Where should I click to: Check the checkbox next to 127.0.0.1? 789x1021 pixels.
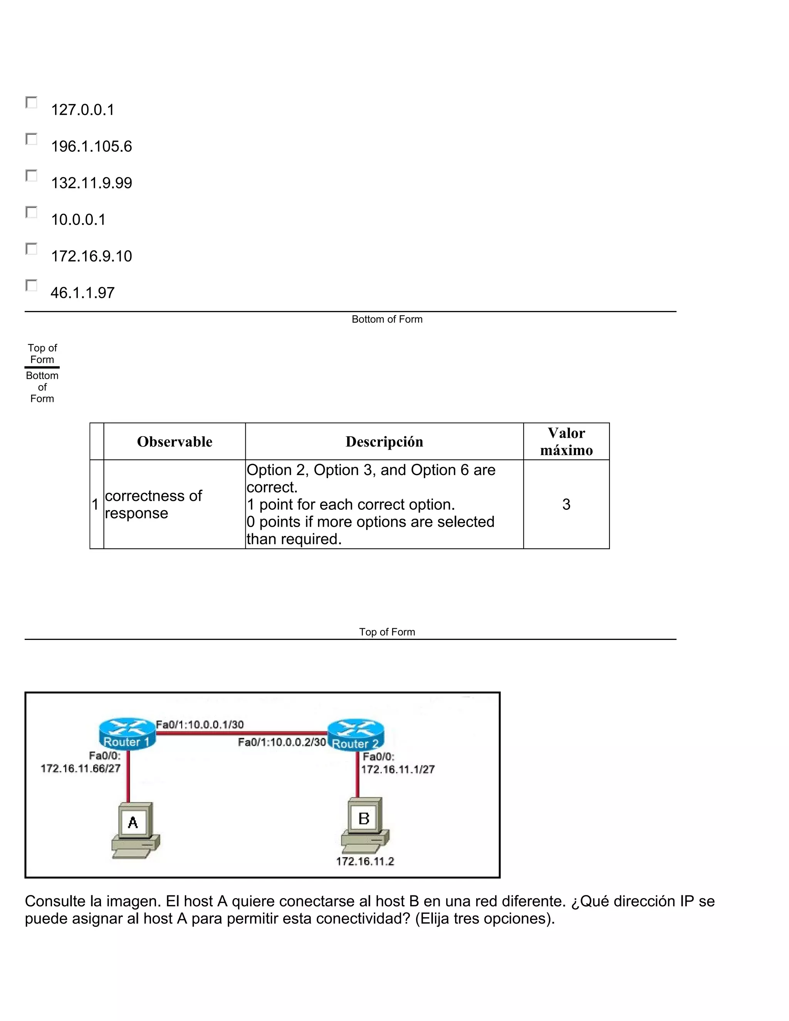point(31,102)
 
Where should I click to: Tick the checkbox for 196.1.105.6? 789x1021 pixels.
point(31,139)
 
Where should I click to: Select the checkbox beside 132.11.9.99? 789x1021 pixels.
point(31,175)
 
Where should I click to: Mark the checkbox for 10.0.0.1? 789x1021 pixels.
point(31,212)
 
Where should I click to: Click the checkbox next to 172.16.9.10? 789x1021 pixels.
point(31,249)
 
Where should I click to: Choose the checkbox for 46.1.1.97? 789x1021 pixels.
point(31,285)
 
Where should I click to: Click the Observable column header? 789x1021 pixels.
point(175,441)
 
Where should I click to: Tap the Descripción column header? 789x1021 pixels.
point(384,441)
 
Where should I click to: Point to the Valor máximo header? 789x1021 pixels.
point(566,441)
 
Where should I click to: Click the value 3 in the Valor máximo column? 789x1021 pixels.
point(566,504)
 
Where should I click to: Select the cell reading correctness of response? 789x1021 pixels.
point(153,504)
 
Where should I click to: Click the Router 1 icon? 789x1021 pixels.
point(126,734)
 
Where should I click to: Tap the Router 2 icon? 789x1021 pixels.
point(355,734)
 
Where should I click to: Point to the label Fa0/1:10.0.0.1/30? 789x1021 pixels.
point(200,725)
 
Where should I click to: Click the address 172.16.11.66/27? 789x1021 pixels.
point(81,769)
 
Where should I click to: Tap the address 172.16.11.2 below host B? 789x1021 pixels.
point(365,861)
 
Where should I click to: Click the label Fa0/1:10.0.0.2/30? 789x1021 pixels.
point(281,742)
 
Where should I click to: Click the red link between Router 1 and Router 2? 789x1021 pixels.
point(241,734)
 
